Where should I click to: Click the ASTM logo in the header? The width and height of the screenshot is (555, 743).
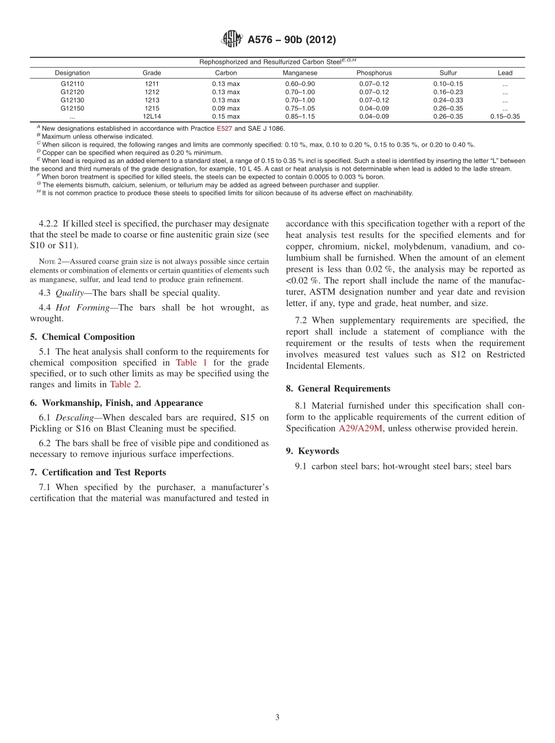click(x=232, y=40)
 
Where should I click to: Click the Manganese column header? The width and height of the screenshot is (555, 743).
click(x=300, y=73)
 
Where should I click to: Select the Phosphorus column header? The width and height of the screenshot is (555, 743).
click(x=374, y=73)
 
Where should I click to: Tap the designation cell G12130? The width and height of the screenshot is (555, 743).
click(x=72, y=100)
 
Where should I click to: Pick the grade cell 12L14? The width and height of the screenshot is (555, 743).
click(x=152, y=116)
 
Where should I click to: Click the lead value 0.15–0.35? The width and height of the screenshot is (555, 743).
click(x=505, y=116)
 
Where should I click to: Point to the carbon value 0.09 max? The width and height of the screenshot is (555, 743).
click(x=226, y=108)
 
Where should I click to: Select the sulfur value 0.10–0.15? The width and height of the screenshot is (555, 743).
click(x=448, y=84)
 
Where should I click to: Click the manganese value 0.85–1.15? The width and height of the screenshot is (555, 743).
click(x=300, y=116)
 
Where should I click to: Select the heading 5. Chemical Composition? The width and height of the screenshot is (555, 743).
click(x=82, y=337)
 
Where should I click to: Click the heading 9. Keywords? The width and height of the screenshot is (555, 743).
click(x=313, y=451)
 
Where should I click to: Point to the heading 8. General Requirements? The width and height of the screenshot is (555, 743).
click(x=338, y=388)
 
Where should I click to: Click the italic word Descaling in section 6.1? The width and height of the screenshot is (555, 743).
click(x=74, y=417)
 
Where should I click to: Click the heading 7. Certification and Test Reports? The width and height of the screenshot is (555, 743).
click(x=98, y=472)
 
